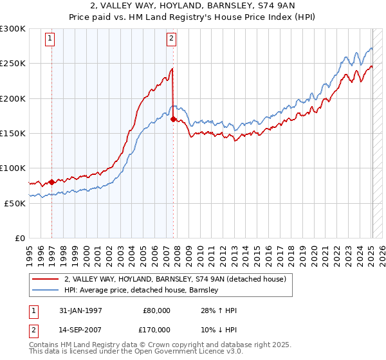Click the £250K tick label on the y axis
click(13, 64)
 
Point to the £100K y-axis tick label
click(13, 168)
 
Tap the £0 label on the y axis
click(19, 238)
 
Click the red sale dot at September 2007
click(173, 119)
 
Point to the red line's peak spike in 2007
click(172, 68)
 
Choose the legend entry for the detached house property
click(179, 279)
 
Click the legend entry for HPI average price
click(142, 290)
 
